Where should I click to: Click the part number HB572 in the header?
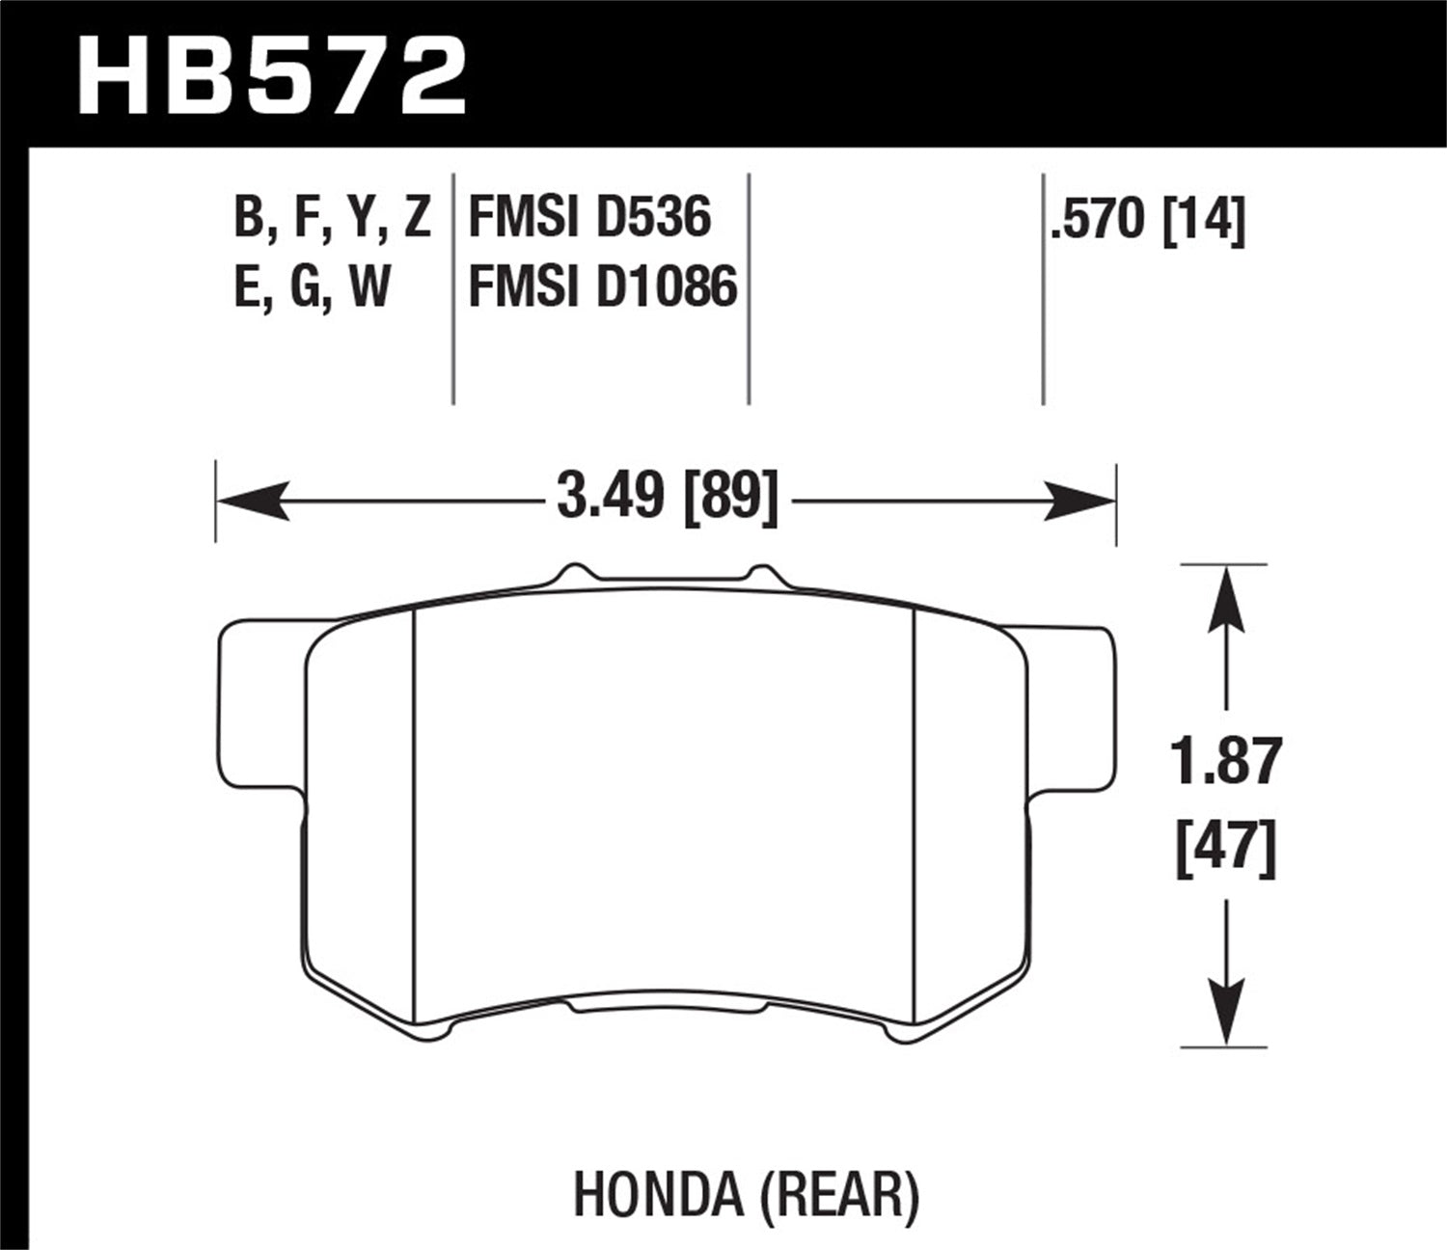272,75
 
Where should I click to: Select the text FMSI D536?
588,216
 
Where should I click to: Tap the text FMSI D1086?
602,287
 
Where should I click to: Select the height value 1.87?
1225,762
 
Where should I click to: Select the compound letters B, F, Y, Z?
331,216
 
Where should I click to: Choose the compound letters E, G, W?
312,287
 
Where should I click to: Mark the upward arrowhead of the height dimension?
1225,598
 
